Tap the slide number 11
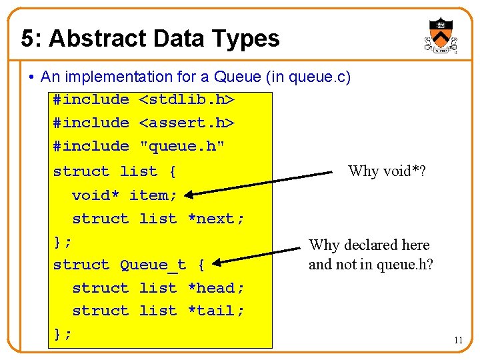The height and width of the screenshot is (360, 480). click(x=458, y=340)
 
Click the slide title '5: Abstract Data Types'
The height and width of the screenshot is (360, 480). click(x=150, y=39)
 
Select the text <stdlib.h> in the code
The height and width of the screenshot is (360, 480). click(x=186, y=99)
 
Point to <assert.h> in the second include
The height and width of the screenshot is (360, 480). click(x=186, y=123)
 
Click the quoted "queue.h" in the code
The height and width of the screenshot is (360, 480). click(x=181, y=146)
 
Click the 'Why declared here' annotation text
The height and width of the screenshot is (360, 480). click(x=369, y=245)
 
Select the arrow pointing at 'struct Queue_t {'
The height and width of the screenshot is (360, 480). click(x=260, y=256)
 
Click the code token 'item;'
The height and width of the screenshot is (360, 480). click(x=153, y=195)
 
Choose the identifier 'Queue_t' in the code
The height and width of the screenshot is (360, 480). click(x=153, y=265)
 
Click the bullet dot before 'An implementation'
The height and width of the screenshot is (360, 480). click(x=32, y=77)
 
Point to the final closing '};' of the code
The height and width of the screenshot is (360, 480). click(x=63, y=334)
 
